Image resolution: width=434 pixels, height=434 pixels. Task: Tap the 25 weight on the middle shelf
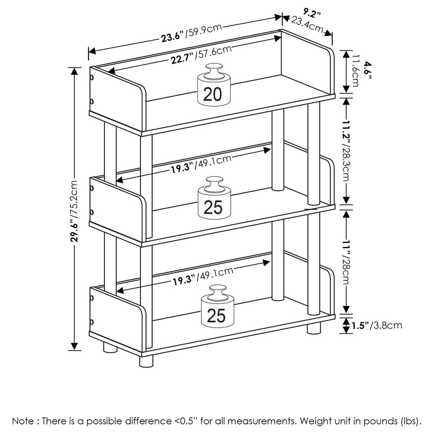(x=213, y=202)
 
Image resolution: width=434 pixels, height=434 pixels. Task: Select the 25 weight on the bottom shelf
(x=216, y=310)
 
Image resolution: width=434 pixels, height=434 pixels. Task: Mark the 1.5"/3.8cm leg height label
(x=377, y=325)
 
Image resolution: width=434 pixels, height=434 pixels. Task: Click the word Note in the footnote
(x=22, y=421)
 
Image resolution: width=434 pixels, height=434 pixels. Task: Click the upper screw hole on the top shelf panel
(x=92, y=78)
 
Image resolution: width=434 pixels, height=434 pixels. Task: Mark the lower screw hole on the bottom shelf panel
(x=92, y=322)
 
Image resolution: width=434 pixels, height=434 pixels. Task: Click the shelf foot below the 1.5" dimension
(x=313, y=328)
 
